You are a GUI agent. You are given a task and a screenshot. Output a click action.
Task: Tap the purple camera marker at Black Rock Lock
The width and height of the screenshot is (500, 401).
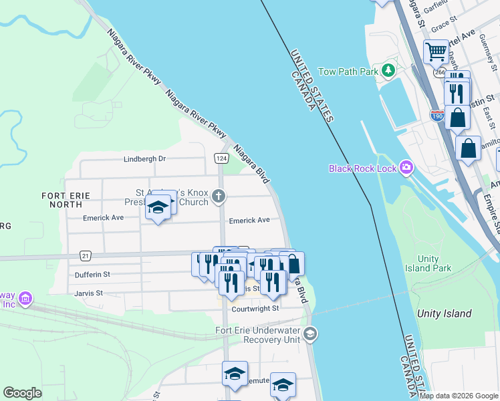coord(406,167)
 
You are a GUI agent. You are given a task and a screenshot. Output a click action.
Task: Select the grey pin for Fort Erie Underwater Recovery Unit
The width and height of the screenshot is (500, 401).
coord(309,333)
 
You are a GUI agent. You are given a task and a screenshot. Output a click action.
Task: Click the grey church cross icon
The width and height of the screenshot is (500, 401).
coord(218,196)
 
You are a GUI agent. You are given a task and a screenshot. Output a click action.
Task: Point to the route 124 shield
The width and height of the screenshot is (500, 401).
coord(220,158)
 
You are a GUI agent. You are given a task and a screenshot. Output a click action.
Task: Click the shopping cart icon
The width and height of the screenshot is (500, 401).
coord(436,50)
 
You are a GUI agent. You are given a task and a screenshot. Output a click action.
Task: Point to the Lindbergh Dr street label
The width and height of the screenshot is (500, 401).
coord(144,159)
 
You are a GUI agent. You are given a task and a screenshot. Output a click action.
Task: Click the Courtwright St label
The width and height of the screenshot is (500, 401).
coord(255,309)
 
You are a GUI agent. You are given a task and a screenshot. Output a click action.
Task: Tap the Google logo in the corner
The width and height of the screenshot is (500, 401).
coord(22,393)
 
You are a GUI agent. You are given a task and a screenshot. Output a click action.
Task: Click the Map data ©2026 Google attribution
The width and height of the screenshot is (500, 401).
coord(459,396)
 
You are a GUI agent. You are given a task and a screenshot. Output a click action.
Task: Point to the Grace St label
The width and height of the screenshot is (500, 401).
coord(444,25)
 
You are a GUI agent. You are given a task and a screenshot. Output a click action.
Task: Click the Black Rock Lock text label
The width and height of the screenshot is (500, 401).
coord(362,168)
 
